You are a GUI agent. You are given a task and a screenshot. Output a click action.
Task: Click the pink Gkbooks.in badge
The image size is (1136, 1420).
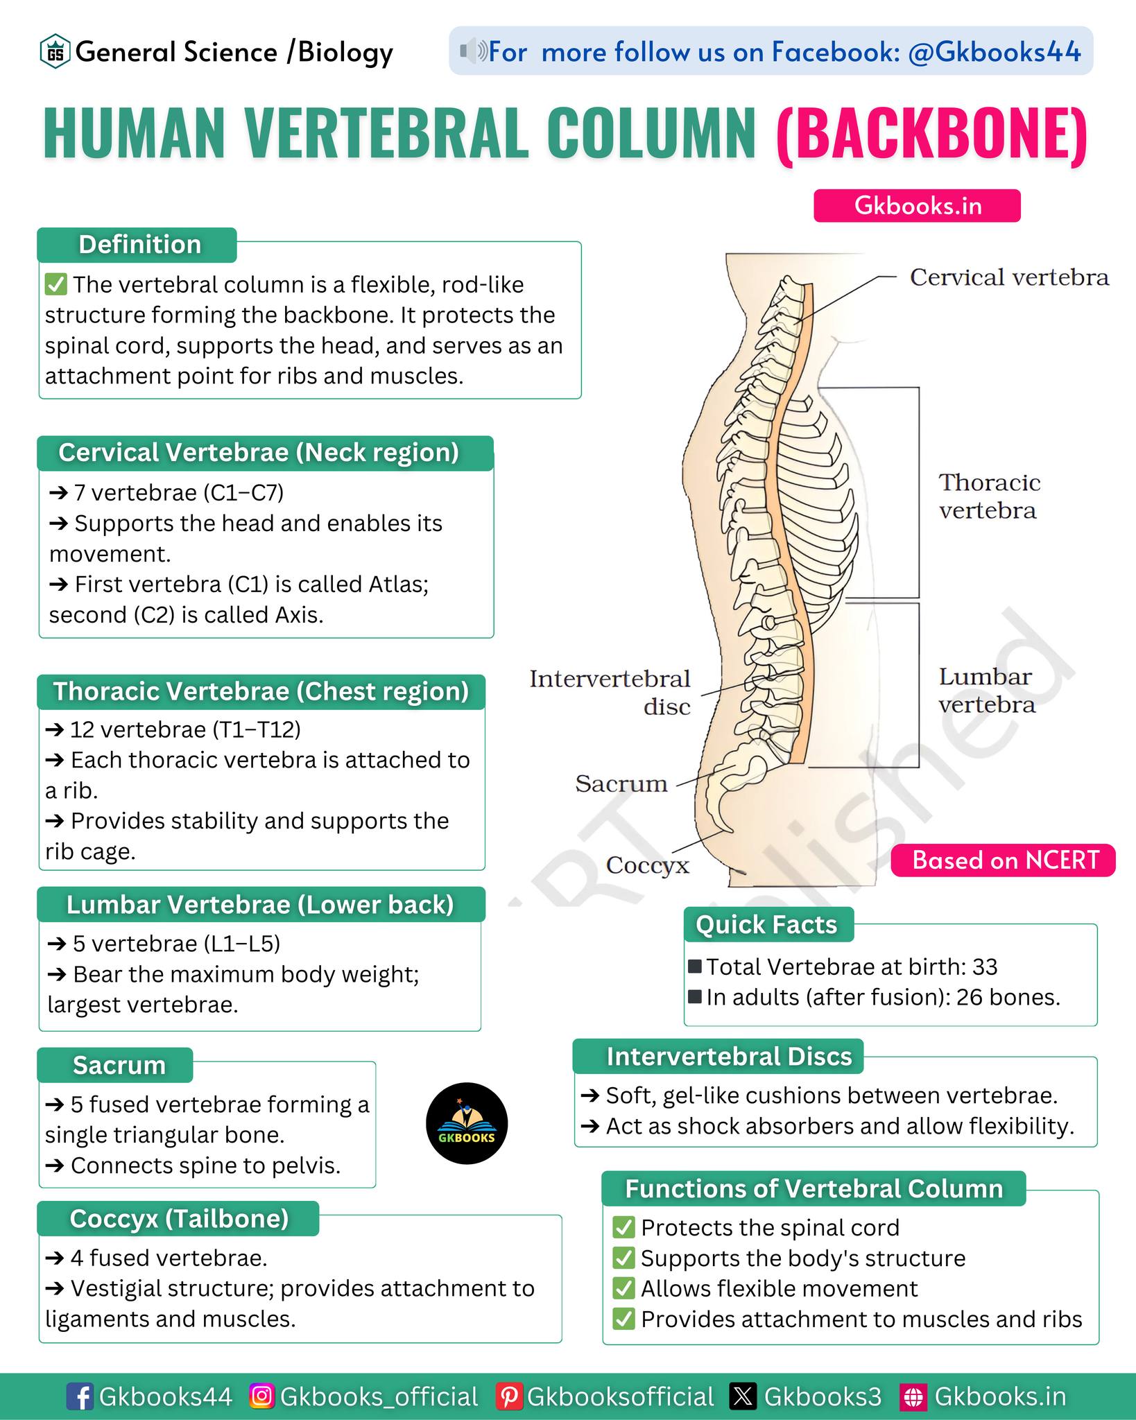pos(917,206)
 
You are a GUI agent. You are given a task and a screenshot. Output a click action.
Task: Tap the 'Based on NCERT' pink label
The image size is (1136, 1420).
pos(1004,860)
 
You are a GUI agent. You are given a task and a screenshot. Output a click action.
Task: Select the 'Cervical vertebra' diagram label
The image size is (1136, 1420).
pos(1009,277)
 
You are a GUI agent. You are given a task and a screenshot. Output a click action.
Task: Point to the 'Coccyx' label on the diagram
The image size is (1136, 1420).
pos(648,865)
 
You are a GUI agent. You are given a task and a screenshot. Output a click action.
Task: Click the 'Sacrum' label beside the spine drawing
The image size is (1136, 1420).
pos(621,783)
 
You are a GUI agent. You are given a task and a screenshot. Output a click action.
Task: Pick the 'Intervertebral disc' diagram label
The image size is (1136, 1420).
pos(610,692)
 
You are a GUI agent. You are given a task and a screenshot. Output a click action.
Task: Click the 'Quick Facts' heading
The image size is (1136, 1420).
pos(767,924)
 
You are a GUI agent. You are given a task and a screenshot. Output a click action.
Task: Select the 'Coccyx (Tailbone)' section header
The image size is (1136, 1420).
pos(178,1218)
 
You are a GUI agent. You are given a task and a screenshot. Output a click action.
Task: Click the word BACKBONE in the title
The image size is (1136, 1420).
pos(932,133)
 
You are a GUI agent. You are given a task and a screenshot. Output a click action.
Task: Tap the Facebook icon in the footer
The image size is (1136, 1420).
pos(80,1396)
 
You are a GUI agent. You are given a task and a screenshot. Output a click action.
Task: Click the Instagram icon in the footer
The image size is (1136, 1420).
pos(261,1396)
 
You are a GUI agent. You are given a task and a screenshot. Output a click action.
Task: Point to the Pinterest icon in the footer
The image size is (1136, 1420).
pos(508,1396)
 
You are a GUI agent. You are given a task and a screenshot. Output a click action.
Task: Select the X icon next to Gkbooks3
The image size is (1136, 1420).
pos(743,1396)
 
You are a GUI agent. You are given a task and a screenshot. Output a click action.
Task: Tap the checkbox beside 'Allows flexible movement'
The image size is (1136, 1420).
pos(624,1288)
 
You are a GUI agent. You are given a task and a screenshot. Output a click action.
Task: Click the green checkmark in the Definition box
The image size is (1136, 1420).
pos(55,284)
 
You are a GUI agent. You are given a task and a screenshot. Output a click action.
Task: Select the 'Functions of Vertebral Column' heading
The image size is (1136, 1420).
pos(814,1188)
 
